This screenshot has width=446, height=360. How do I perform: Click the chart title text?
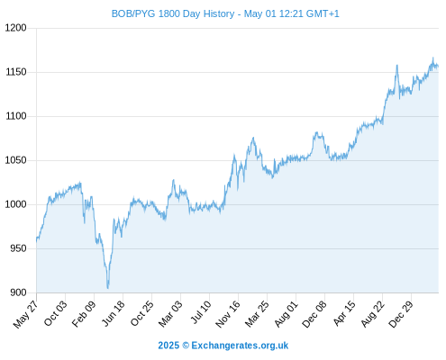225,13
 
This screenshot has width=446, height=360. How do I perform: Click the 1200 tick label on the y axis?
16,28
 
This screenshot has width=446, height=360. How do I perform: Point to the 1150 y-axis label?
16,72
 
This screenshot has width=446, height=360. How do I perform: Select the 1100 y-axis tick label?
16,116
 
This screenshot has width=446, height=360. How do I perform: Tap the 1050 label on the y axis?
16,160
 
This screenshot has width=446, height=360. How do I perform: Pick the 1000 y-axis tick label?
16,204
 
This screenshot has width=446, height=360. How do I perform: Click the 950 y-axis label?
18,248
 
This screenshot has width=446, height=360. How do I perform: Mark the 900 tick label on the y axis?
18,292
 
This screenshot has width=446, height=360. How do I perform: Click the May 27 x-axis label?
26,314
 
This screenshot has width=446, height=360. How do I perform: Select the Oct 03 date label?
56,313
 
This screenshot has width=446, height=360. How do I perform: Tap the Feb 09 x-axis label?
84,314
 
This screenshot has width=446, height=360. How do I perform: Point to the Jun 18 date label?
114,313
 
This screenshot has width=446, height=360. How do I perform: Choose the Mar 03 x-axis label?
170,314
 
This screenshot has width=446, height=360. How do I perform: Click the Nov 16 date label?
228,314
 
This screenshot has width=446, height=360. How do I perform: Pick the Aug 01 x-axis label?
287,314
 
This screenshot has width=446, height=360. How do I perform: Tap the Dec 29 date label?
401,314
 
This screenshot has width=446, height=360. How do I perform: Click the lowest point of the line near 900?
108,288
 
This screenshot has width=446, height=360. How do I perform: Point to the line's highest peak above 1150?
432,58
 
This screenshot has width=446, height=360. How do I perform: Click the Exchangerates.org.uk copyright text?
223,346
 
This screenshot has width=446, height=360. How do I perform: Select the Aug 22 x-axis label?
373,314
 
